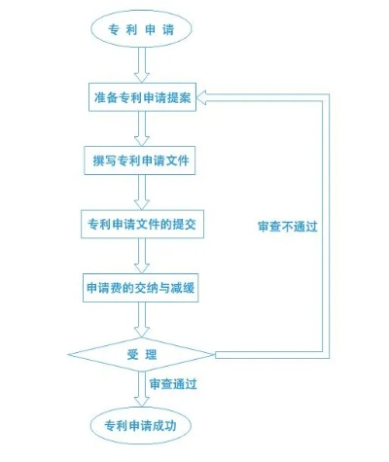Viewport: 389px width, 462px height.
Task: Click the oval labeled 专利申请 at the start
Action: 141,29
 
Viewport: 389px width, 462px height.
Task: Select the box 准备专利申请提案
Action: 142,97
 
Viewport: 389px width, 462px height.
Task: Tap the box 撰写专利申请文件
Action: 140,160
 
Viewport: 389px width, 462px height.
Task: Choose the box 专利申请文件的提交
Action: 142,224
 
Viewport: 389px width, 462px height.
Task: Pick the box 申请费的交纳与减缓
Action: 140,288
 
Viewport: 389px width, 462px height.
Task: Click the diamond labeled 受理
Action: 141,354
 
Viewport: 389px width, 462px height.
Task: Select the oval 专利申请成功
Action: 141,425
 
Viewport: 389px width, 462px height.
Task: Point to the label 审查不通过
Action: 288,227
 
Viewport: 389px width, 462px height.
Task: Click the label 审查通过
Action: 173,384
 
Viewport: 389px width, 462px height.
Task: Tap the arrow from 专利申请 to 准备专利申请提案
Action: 142,65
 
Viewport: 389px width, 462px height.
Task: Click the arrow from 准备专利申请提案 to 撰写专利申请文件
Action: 142,128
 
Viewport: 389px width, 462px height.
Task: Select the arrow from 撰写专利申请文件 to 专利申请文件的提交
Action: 142,193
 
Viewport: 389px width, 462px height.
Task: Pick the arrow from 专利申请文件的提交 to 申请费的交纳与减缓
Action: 142,256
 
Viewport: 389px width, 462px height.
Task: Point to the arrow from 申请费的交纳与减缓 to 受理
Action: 142,320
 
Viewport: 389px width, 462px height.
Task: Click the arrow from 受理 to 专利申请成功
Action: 142,389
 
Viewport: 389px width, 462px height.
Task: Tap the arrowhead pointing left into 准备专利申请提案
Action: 201,97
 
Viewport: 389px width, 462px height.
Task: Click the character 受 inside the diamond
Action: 132,355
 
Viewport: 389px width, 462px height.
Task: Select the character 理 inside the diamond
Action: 151,355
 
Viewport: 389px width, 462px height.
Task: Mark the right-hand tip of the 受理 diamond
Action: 215,354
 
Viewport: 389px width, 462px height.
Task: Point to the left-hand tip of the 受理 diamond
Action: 68,354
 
